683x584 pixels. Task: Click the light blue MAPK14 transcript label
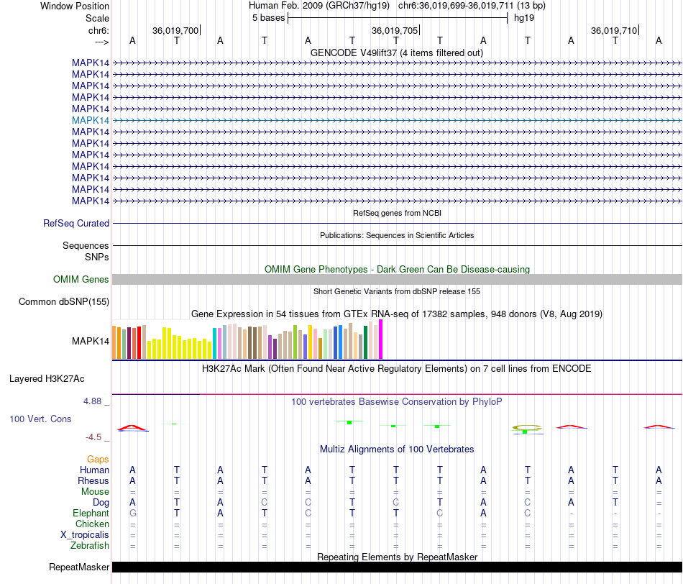(91, 120)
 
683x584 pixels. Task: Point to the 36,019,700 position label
(175, 30)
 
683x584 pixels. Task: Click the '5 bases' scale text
(268, 18)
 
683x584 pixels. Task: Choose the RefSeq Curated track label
(76, 224)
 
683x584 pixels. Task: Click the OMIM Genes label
(81, 279)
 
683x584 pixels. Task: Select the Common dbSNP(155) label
(64, 301)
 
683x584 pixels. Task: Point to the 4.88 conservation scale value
(94, 401)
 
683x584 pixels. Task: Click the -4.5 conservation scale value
(96, 437)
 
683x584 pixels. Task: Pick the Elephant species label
(91, 514)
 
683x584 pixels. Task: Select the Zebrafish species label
(89, 546)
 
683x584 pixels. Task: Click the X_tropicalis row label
(85, 535)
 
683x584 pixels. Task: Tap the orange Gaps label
(98, 459)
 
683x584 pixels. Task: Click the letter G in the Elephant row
(132, 514)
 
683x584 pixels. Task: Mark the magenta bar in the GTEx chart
(381, 339)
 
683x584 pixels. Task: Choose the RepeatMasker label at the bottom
(79, 567)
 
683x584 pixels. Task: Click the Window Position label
(75, 6)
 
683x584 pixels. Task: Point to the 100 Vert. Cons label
(40, 419)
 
